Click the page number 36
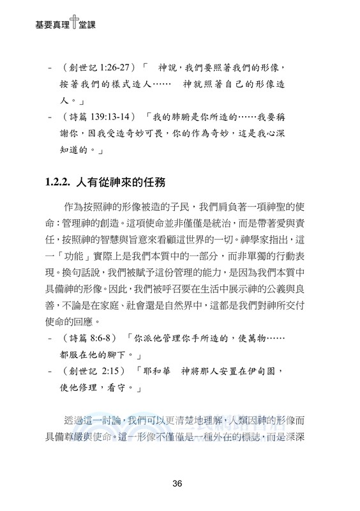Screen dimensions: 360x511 point(181,484)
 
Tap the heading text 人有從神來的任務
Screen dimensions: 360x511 point(120,184)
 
